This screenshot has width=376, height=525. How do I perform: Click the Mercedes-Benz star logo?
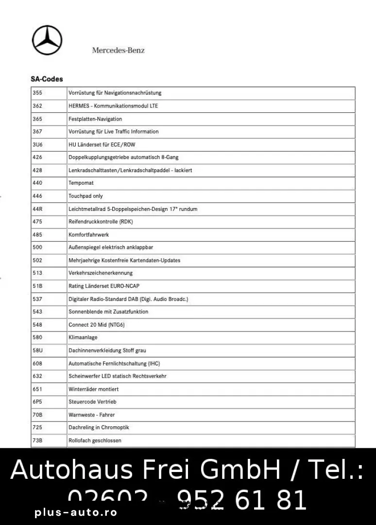48,40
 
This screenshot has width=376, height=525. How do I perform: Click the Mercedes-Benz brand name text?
118,50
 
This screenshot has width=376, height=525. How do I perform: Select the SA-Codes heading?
47,79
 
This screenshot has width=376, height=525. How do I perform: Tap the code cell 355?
37,93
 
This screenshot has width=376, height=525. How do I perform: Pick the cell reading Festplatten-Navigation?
95,119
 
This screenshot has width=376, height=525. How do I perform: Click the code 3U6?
37,144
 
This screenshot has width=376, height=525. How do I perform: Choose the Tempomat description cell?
81,183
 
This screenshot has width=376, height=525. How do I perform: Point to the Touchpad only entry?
85,196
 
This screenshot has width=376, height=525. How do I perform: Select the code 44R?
37,209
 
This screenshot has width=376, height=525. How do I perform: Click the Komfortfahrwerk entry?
88,234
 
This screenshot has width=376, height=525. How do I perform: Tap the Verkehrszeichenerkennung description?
101,273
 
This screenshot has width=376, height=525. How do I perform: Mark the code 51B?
37,286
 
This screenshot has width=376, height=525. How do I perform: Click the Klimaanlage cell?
83,337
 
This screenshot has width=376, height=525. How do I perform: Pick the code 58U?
37,350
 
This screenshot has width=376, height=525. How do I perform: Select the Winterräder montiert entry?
93,389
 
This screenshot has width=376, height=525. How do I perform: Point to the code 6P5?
37,402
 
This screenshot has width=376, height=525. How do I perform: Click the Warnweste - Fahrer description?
91,415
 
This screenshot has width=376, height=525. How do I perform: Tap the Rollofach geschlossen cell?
95,440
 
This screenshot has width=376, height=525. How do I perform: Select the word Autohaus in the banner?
68,470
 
